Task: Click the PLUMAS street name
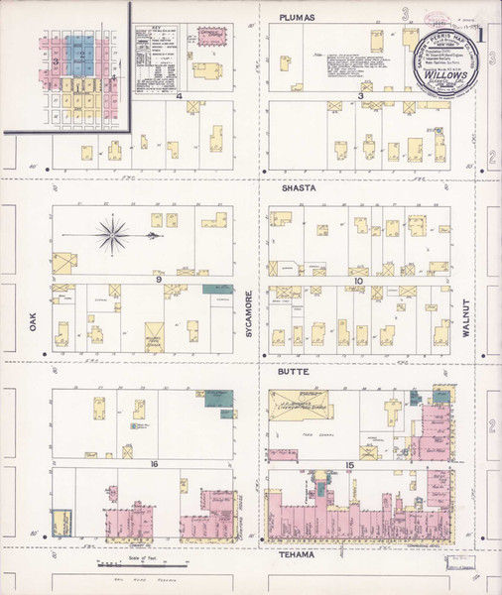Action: (x=298, y=17)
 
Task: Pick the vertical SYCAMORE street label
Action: (x=249, y=315)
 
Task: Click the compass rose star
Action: (x=113, y=235)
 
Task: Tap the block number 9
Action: (x=158, y=282)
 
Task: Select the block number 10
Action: (x=358, y=282)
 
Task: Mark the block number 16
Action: (x=155, y=463)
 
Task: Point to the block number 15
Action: (x=349, y=466)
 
